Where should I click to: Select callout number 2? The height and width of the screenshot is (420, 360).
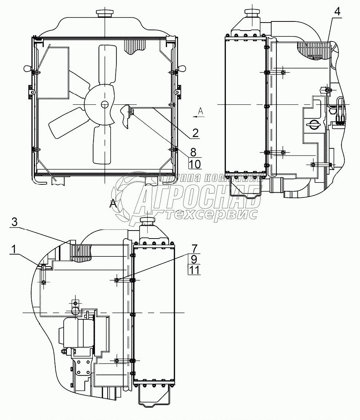pyautogui.click(x=195, y=133)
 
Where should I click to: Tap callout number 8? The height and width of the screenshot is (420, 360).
pyautogui.click(x=193, y=152)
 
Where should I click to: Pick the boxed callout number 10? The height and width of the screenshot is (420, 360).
pyautogui.click(x=195, y=164)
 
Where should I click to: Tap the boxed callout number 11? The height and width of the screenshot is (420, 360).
pyautogui.click(x=194, y=270)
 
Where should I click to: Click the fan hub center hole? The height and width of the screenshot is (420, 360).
pyautogui.click(x=104, y=104)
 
